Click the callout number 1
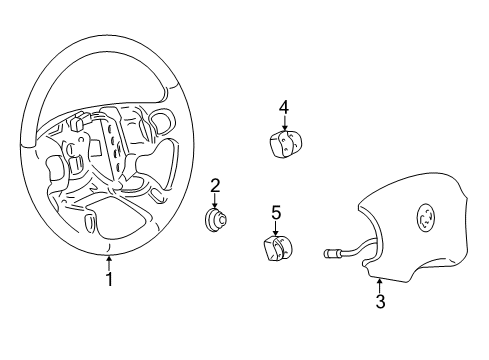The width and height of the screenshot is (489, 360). tap(109, 280)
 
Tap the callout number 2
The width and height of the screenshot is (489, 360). tap(214, 184)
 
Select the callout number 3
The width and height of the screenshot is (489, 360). tap(379, 301)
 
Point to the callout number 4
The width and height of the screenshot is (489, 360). tap(284, 106)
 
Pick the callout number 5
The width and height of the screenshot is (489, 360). tap(275, 212)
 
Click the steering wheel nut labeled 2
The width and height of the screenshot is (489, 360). tap(214, 222)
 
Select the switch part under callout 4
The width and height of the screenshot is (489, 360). tap(285, 144)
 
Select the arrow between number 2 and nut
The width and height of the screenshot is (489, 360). tap(214, 200)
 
